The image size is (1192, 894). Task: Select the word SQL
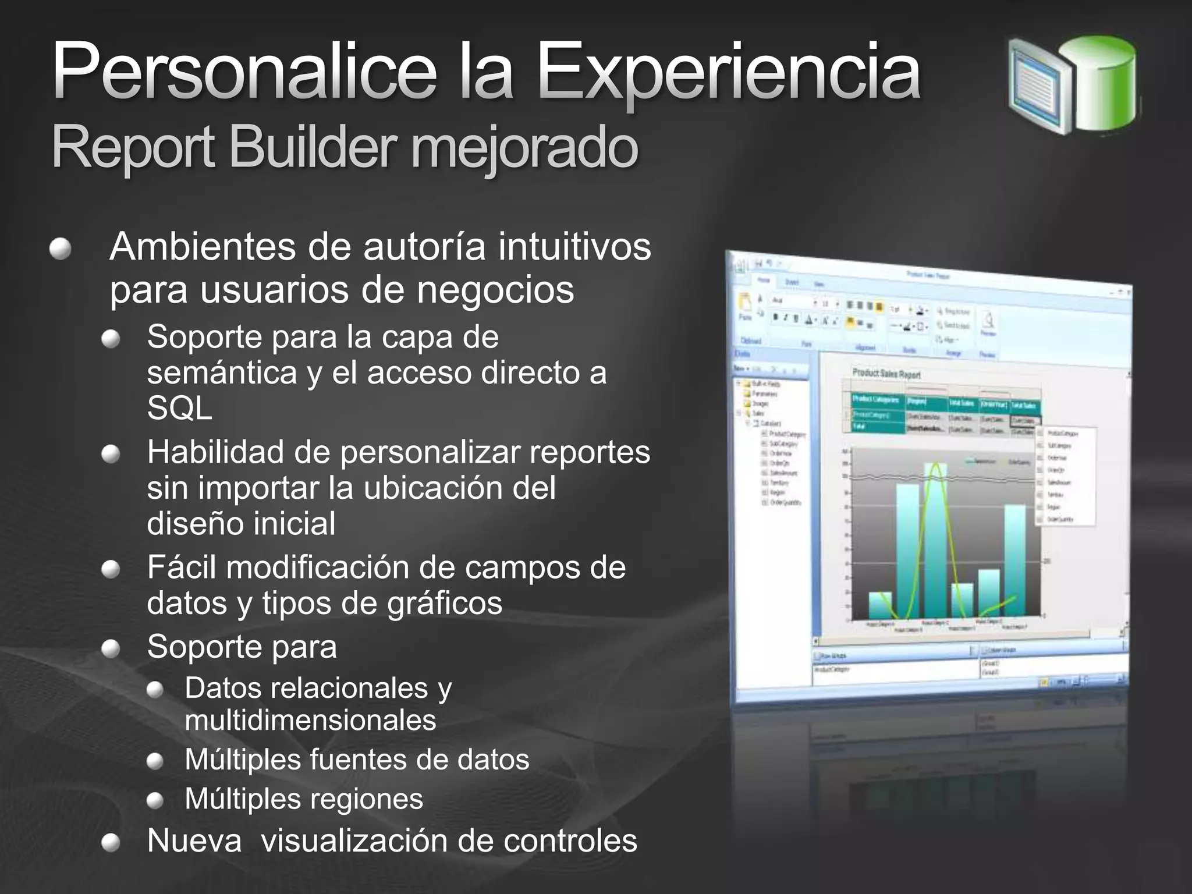[x=179, y=409]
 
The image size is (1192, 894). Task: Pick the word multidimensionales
[x=310, y=721]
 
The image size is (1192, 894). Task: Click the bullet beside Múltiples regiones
[x=155, y=801]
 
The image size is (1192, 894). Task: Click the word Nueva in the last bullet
[x=194, y=841]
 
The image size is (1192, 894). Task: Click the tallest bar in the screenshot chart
[x=936, y=541]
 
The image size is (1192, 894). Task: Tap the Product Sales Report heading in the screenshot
[x=886, y=373]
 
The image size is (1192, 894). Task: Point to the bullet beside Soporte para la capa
[x=111, y=339]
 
